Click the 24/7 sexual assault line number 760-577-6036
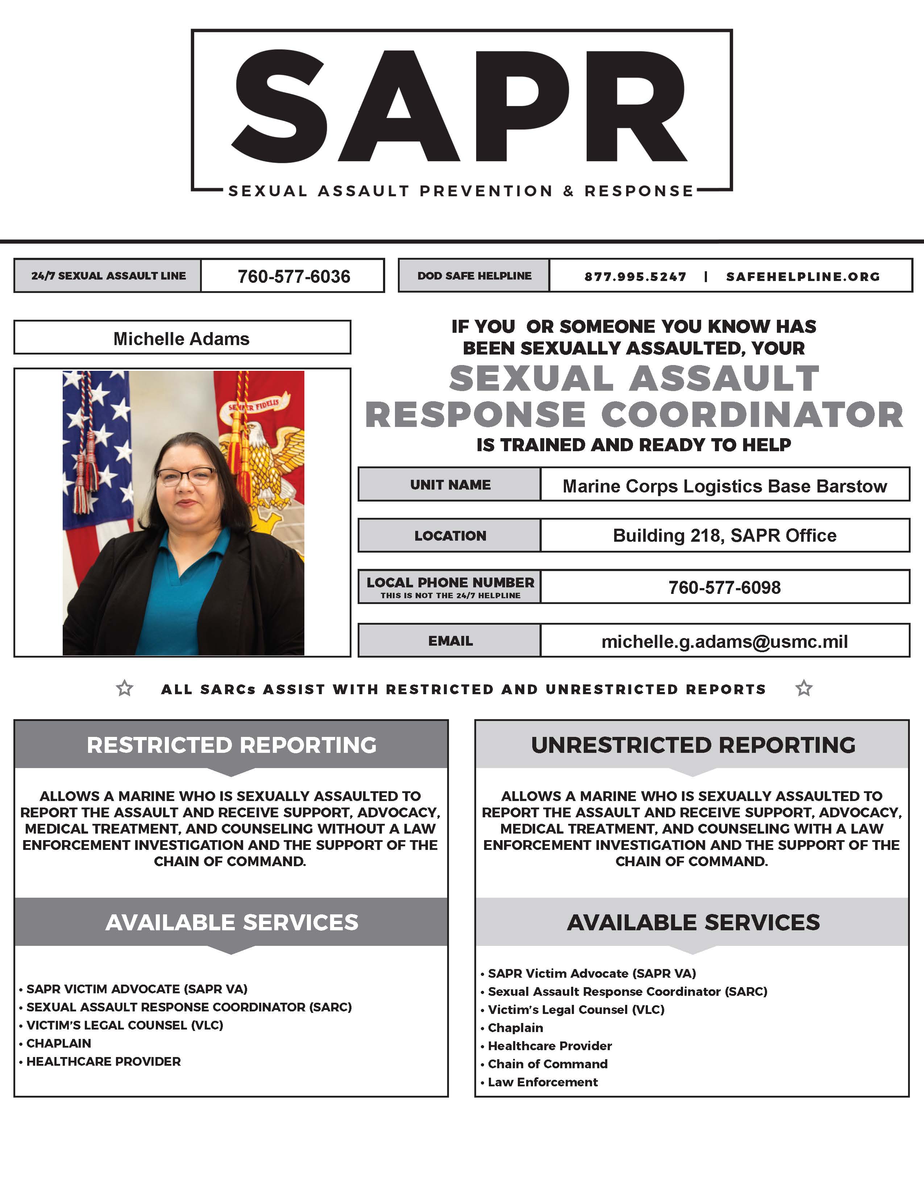pyautogui.click(x=294, y=276)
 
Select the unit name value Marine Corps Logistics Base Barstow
pyautogui.click(x=725, y=486)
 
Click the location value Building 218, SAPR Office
pyautogui.click(x=725, y=535)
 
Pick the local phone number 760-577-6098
pyautogui.click(x=724, y=587)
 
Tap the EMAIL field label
pyautogui.click(x=450, y=641)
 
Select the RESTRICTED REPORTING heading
pyautogui.click(x=232, y=745)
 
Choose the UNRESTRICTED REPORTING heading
pyautogui.click(x=693, y=745)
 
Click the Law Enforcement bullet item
pyautogui.click(x=542, y=1082)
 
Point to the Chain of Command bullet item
pyautogui.click(x=548, y=1064)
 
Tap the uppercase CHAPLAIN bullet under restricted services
pyautogui.click(x=59, y=1043)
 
